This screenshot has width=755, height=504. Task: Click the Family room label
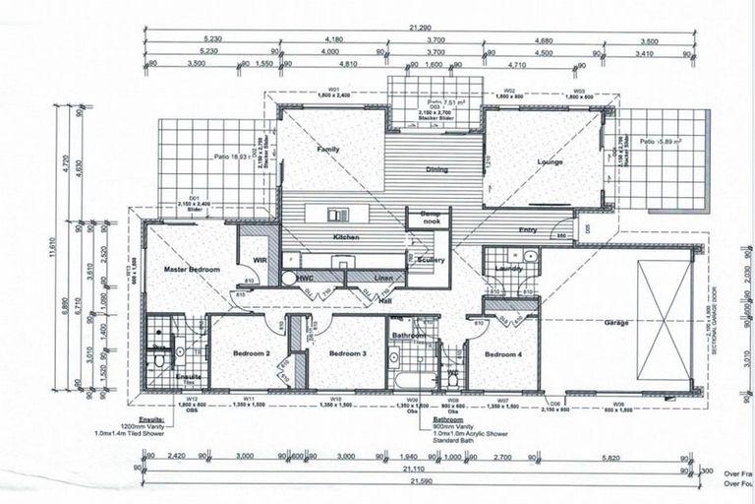(327, 149)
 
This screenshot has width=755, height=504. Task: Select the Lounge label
(550, 160)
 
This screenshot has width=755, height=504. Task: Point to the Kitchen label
(346, 239)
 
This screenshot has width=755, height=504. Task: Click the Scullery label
(431, 260)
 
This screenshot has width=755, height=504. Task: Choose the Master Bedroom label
(191, 269)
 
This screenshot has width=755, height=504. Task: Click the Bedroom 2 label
(252, 352)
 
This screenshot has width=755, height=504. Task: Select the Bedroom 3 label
(347, 352)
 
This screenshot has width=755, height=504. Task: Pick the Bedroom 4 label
(502, 352)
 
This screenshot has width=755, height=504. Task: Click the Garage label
(617, 322)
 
